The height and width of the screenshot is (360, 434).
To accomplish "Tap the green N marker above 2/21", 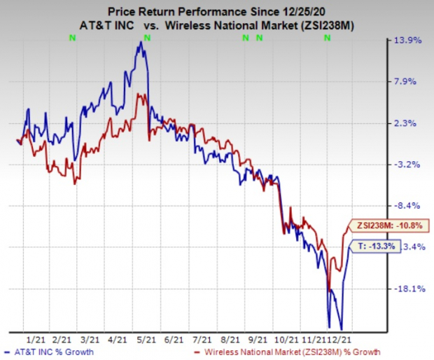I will click(73, 38).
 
